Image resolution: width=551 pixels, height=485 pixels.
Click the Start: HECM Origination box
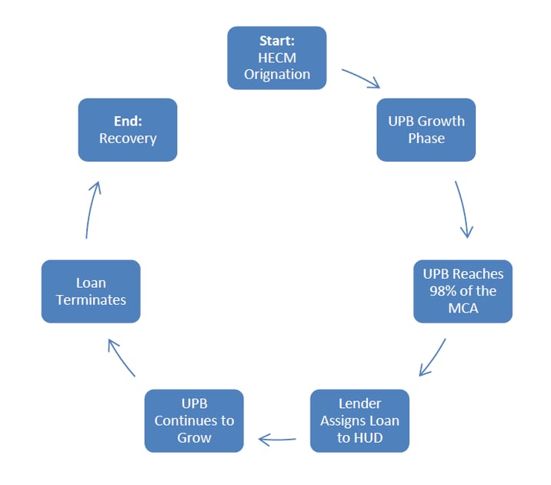(x=277, y=58)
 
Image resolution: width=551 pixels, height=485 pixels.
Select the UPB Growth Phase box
(x=426, y=129)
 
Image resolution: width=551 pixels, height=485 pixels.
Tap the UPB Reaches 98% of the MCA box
(x=463, y=291)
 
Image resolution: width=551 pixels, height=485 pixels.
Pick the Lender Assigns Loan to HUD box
(x=359, y=420)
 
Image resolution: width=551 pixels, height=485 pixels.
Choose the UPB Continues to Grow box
(x=194, y=420)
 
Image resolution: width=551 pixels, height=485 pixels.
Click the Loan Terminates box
(x=91, y=291)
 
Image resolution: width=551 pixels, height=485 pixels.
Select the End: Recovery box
(x=128, y=129)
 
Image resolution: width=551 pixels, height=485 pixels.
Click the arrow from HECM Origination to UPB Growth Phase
(x=361, y=79)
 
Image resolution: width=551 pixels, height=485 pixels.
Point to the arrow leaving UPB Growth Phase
(x=463, y=209)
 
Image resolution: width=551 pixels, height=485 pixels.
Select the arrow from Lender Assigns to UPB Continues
(x=277, y=440)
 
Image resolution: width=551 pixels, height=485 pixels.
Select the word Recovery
(x=128, y=139)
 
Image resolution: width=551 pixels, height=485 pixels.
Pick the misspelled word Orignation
(x=277, y=75)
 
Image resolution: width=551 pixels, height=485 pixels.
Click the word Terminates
(x=91, y=299)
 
